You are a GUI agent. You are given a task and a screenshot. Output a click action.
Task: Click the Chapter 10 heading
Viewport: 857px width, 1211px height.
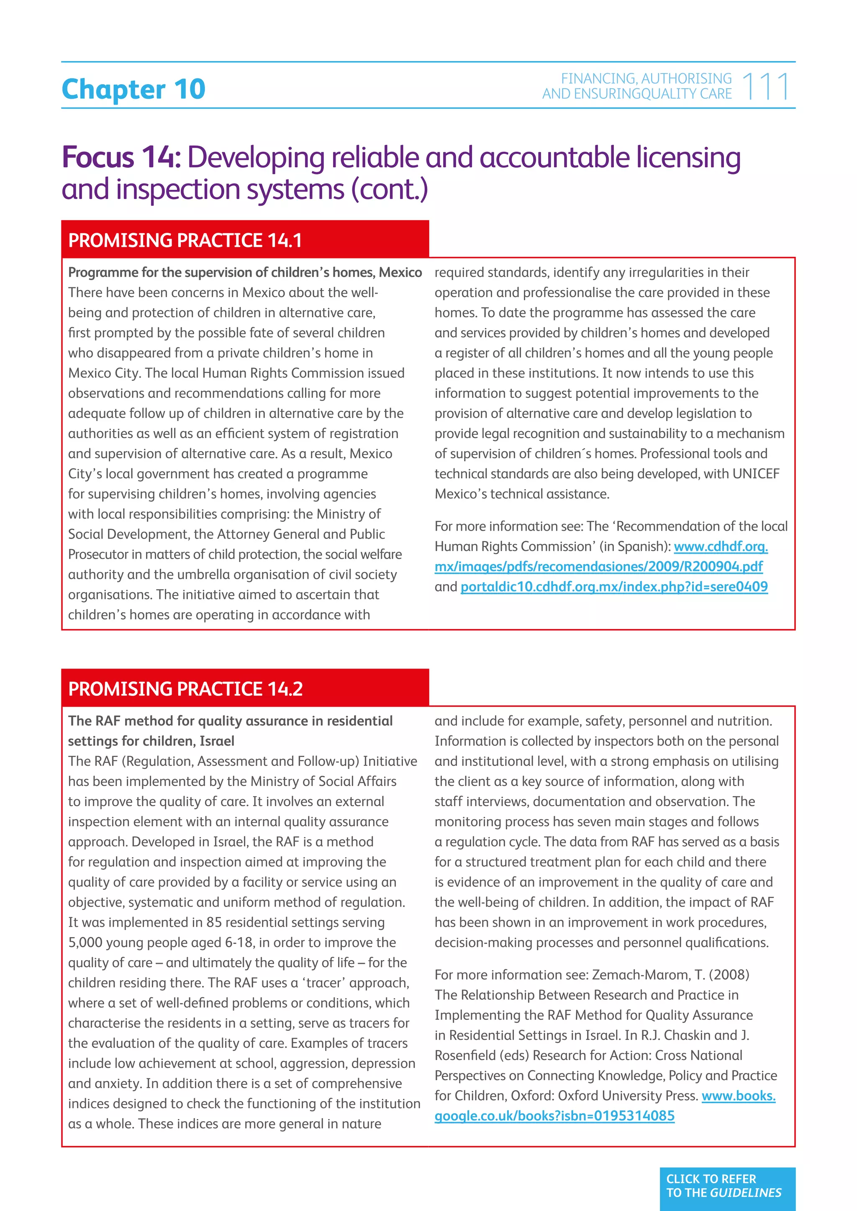click(x=133, y=89)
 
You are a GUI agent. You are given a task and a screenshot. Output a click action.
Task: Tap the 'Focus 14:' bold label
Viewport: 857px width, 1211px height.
click(x=121, y=158)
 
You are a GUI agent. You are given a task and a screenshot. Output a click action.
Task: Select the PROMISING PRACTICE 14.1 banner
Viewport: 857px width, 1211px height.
click(x=245, y=240)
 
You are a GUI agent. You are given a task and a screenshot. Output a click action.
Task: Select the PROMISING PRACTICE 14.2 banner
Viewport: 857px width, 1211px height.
click(x=245, y=688)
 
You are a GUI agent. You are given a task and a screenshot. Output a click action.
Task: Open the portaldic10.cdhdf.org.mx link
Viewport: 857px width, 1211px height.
click(x=614, y=587)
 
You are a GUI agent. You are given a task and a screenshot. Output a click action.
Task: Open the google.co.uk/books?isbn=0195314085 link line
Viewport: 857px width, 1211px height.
click(x=554, y=1116)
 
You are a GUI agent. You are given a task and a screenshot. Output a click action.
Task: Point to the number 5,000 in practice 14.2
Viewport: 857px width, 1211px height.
click(x=87, y=943)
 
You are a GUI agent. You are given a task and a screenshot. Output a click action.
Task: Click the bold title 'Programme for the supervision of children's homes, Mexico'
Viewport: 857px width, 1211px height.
click(x=245, y=273)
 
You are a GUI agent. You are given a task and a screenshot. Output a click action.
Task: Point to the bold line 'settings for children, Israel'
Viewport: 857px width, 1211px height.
click(x=151, y=741)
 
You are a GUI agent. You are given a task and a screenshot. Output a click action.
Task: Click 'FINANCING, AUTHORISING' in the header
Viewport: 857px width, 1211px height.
click(x=646, y=79)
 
